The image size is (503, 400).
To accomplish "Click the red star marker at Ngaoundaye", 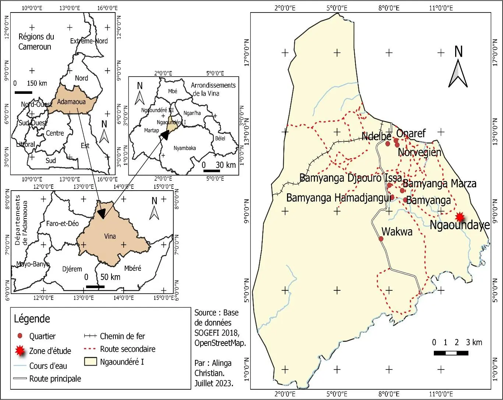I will click(x=460, y=217).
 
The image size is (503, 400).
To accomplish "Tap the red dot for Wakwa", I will click(x=381, y=239).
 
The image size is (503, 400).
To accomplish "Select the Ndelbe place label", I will click(x=376, y=137).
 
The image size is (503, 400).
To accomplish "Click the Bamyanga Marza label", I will click(x=439, y=183).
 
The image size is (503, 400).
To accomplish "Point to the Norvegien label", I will click(x=419, y=152).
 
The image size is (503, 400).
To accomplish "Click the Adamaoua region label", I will click(x=71, y=102).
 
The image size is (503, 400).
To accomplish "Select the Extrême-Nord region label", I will click(x=89, y=41).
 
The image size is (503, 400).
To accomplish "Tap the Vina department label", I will click(x=110, y=236).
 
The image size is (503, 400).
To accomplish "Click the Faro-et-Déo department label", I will click(x=62, y=223).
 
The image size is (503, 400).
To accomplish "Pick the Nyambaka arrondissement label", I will click(x=185, y=148).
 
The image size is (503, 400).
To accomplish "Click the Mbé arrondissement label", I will click(x=173, y=91).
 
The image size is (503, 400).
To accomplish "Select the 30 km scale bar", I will click(x=212, y=171).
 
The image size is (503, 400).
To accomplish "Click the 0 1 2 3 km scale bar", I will click(x=451, y=353).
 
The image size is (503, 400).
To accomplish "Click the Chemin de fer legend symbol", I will click(x=90, y=336).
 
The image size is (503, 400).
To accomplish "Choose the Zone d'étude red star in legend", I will click(x=20, y=351).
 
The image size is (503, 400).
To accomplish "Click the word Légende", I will click(x=32, y=319).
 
